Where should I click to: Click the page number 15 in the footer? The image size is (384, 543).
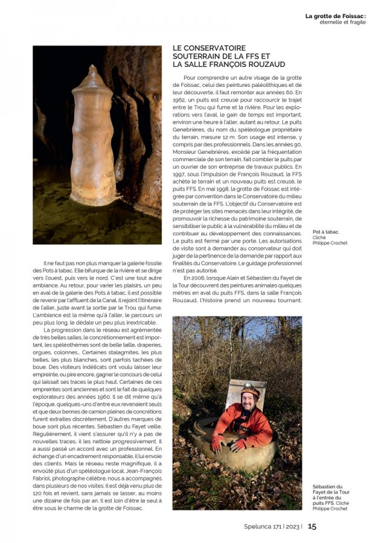pos(312,526)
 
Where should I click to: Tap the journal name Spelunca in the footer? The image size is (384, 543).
pos(253,526)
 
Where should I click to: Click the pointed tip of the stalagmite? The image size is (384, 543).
pos(92,68)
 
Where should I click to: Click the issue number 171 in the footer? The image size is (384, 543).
pos(275,526)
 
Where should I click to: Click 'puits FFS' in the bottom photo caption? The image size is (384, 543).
pos(323,503)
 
